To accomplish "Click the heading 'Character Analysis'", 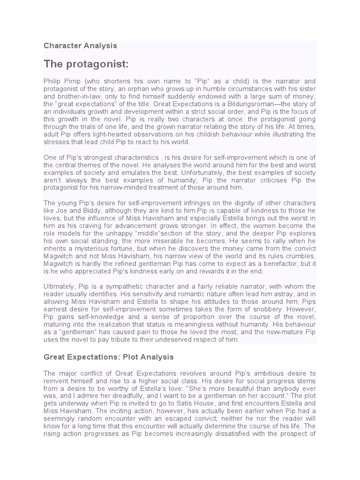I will (80, 46).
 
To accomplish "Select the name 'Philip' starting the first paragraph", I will (52, 81).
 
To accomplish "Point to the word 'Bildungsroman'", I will (265, 104).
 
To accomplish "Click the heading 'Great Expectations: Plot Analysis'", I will (109, 357).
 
